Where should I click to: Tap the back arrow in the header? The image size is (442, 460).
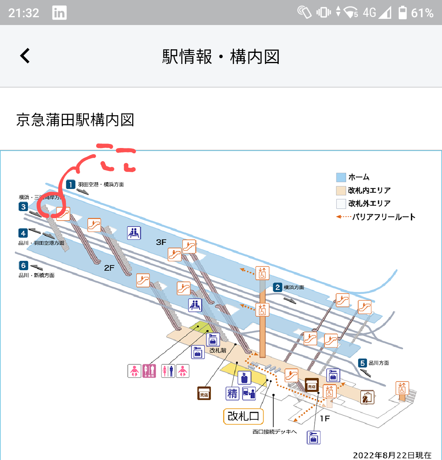pos(25,56)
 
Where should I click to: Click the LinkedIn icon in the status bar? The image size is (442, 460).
pos(59,13)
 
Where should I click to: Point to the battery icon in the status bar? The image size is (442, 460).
pos(403,13)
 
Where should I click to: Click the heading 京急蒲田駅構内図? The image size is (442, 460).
pos(75,120)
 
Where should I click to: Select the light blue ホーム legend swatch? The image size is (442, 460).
pos(341,178)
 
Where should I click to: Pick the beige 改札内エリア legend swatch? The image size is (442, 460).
pos(341,191)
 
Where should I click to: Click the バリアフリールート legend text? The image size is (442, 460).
pos(384,217)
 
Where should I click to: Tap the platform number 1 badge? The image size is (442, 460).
pos(71,184)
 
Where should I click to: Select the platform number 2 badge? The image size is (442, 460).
pos(278,287)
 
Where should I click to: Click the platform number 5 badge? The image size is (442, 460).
pos(363,363)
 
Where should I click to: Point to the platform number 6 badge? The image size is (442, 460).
pos(23,266)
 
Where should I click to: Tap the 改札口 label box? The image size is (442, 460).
pos(243,416)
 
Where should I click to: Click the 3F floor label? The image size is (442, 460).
pos(161,242)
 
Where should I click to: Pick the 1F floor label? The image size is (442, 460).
pos(325,418)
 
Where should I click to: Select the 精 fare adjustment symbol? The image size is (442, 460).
pos(232,394)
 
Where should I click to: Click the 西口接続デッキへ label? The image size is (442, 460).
pos(274,432)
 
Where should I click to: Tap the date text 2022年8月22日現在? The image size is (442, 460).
pos(392,455)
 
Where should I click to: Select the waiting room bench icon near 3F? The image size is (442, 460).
pos(134,233)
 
